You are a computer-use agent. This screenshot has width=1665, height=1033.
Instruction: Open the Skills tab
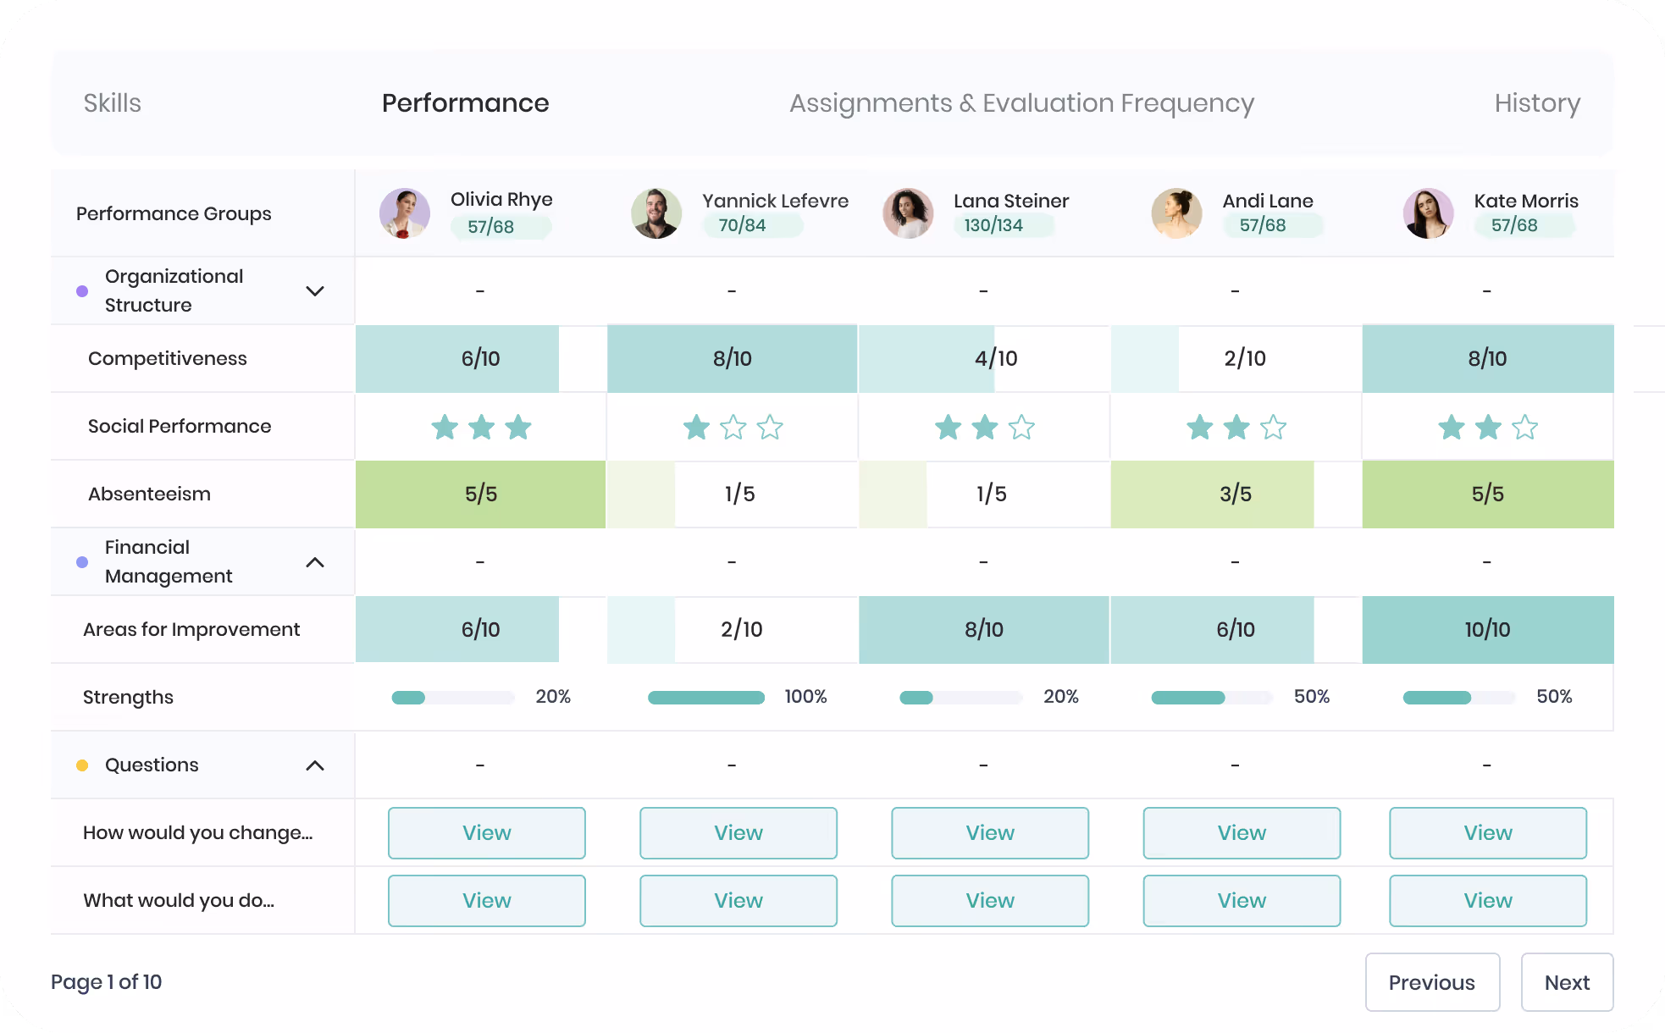(x=112, y=103)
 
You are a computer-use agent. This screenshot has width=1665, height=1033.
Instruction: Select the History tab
(x=1537, y=103)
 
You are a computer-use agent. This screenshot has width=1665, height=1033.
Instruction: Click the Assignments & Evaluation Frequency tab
(x=1021, y=103)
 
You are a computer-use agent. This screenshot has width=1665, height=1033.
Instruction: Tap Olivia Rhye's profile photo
(x=404, y=213)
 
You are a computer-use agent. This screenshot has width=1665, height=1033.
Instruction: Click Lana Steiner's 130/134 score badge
(x=993, y=225)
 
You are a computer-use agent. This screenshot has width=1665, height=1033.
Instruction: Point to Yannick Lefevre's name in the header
(x=775, y=201)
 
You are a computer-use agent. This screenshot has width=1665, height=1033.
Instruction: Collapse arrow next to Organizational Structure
(x=315, y=291)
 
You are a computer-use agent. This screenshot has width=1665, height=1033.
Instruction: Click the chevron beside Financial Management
(x=315, y=562)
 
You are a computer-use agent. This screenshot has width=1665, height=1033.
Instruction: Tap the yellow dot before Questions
(x=82, y=765)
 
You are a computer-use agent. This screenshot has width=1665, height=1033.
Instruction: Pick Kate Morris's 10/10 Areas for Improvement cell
(x=1488, y=629)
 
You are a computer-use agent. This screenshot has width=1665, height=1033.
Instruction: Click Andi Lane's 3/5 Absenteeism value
(x=1236, y=494)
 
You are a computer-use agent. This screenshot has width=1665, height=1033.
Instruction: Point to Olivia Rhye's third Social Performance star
(x=518, y=427)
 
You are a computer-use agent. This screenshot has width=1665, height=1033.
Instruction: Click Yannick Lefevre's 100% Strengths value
(x=805, y=697)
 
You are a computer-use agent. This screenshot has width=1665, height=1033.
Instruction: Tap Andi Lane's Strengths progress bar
(x=1212, y=698)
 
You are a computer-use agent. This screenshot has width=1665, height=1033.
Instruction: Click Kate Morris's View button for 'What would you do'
(x=1488, y=901)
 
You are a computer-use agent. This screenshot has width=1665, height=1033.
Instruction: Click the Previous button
(x=1432, y=982)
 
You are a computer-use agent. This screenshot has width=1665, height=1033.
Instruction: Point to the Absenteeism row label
(x=149, y=494)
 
